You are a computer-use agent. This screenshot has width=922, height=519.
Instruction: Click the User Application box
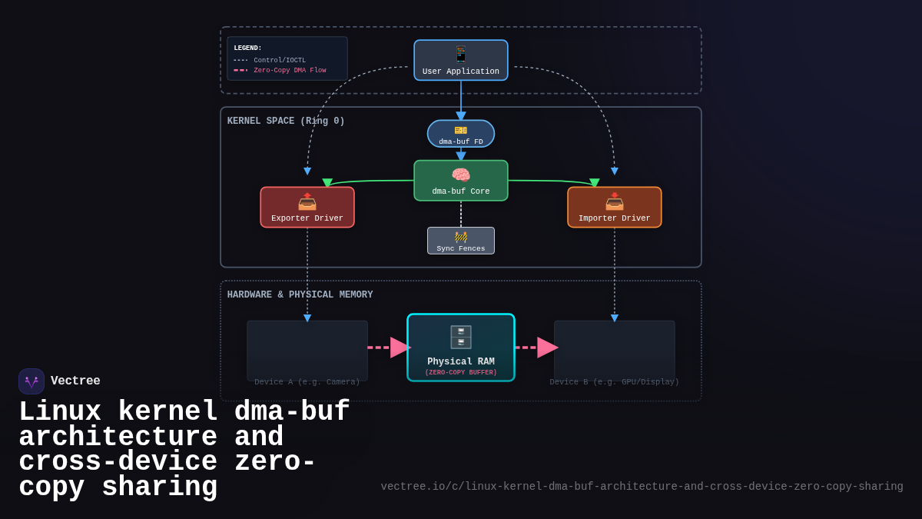[x=461, y=60]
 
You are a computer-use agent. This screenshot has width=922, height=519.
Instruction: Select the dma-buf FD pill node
[x=461, y=134]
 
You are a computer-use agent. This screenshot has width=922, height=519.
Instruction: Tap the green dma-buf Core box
[x=461, y=181]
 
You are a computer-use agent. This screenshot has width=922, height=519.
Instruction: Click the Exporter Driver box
[x=307, y=208]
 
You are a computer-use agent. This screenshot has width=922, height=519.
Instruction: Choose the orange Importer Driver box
[x=615, y=208]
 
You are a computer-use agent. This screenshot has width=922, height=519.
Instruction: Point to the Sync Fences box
[x=461, y=241]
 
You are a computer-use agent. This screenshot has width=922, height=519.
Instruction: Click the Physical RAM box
[x=461, y=348]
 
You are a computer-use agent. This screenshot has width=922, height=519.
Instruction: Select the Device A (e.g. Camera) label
[x=307, y=382]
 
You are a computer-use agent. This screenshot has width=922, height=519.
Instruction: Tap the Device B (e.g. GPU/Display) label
[x=615, y=382]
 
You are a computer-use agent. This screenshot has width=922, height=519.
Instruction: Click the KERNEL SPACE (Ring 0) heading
[x=286, y=121]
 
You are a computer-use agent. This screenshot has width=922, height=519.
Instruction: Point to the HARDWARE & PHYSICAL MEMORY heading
[x=300, y=295]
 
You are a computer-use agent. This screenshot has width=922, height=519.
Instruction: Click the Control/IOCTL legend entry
[x=279, y=60]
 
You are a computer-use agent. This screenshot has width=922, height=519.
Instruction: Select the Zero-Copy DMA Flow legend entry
[x=290, y=70]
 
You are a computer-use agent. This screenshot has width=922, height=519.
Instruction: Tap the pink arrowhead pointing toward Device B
[x=546, y=348]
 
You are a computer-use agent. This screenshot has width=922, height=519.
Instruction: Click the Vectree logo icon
[x=32, y=381]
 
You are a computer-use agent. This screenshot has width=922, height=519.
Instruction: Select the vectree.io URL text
[x=642, y=487]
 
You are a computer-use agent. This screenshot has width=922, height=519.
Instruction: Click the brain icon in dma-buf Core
[x=461, y=175]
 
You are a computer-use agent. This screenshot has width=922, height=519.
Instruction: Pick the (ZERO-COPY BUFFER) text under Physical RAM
[x=461, y=373]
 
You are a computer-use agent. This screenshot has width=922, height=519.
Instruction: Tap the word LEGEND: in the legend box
[x=247, y=48]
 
